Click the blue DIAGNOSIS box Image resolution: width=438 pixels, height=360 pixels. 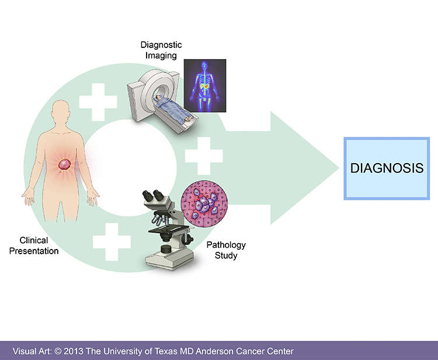pos(387,168)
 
